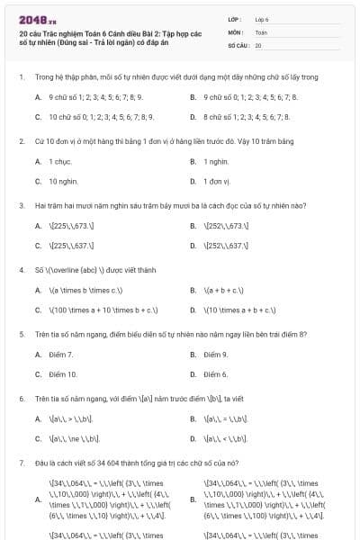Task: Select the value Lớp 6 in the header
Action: coord(262,18)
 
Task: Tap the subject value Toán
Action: coord(261,31)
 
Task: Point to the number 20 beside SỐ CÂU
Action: coord(258,44)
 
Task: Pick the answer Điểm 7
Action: coord(62,355)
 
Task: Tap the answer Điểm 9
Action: coord(216,355)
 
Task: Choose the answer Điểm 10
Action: coord(63,374)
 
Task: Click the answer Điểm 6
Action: coord(216,374)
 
